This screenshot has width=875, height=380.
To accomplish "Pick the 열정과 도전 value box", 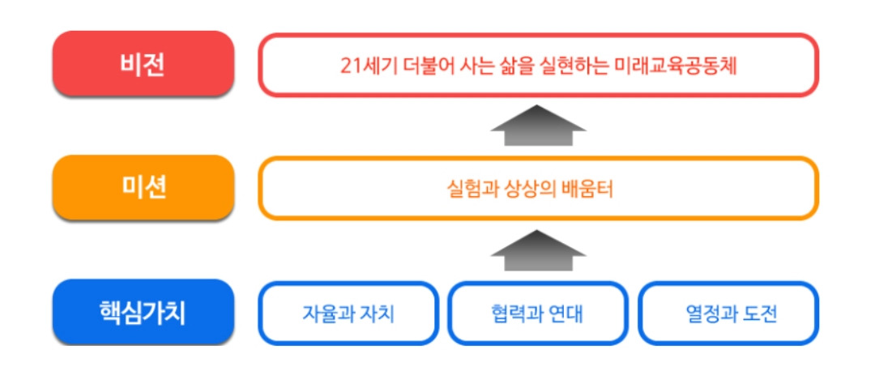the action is [x=727, y=314].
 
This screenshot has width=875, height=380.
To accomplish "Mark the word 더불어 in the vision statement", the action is [x=418, y=66].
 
